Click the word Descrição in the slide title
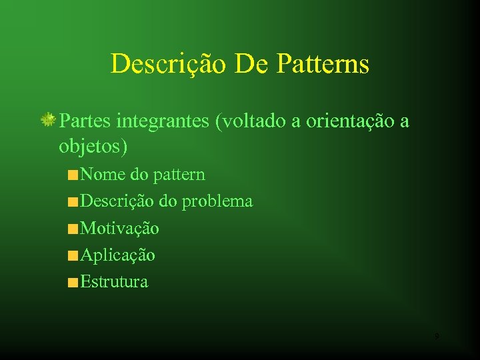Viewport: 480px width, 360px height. (x=169, y=64)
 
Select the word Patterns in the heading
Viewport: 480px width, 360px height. (x=322, y=64)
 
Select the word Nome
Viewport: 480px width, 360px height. (x=103, y=175)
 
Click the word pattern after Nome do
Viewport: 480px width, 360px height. (x=179, y=175)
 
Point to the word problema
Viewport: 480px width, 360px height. (x=217, y=201)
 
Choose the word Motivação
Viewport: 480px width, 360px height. (x=119, y=229)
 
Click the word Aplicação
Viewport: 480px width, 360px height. (x=117, y=255)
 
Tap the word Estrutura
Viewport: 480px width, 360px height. (x=114, y=281)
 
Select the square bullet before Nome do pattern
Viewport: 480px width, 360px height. (x=72, y=176)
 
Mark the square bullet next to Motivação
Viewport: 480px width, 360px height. (x=72, y=229)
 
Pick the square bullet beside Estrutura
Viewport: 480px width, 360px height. (x=72, y=283)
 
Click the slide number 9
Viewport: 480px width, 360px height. (x=436, y=337)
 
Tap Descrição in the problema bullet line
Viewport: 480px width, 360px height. (x=117, y=201)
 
